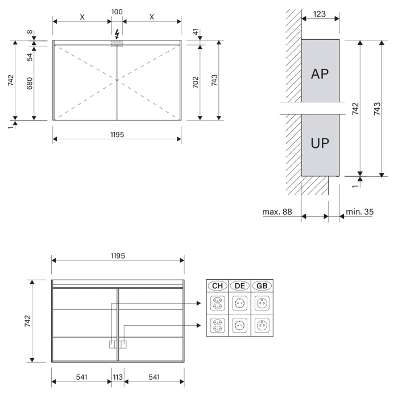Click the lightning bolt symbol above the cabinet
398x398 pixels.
[x=117, y=33]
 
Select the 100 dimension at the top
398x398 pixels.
[x=117, y=11]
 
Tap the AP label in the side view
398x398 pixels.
[x=320, y=74]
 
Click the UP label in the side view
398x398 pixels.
[x=320, y=143]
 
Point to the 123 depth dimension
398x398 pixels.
[x=320, y=14]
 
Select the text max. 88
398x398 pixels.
[x=277, y=212]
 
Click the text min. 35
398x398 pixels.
[x=359, y=212]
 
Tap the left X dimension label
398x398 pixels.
[x=82, y=16]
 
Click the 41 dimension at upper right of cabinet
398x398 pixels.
[x=196, y=33]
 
